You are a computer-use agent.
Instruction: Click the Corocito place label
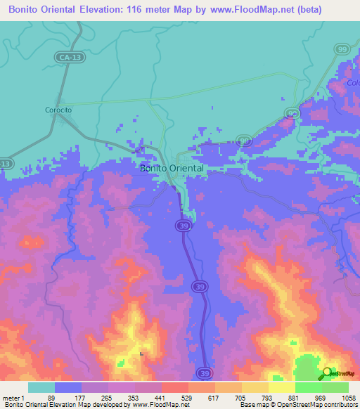pyautogui.click(x=58, y=110)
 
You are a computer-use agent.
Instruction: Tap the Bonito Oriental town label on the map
pyautogui.click(x=172, y=169)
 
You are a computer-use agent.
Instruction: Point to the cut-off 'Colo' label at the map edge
pyautogui.click(x=353, y=83)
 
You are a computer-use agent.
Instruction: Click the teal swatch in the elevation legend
pyautogui.click(x=41, y=387)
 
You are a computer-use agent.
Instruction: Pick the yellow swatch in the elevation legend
pyautogui.click(x=281, y=387)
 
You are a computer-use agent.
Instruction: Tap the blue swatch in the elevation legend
pyautogui.click(x=68, y=387)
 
